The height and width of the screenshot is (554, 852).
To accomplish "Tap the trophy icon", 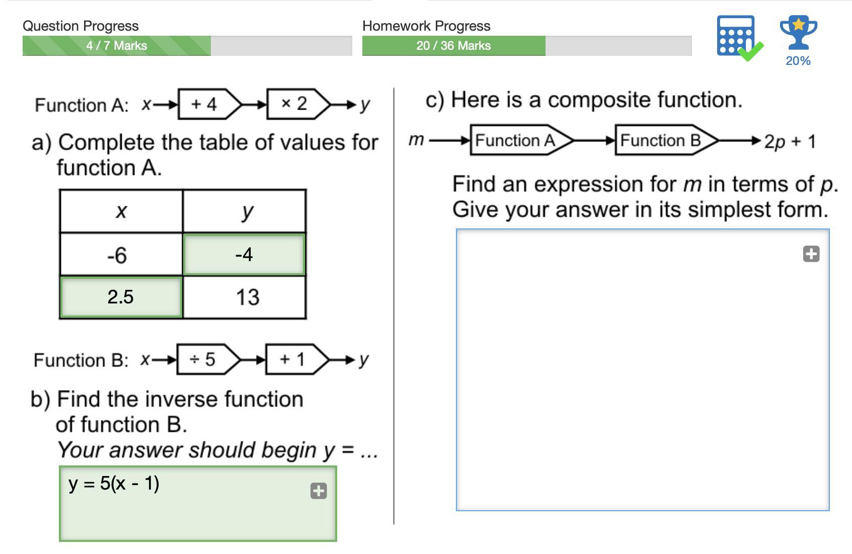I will click(798, 33).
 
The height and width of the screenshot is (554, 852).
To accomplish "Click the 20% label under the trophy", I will click(798, 61).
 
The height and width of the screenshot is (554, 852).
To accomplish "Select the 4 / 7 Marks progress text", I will click(117, 46).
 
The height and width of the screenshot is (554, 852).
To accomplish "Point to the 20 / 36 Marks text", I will click(453, 46).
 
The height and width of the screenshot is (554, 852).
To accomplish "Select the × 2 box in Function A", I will click(294, 104).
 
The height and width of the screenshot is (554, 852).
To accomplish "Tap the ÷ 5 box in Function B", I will click(203, 359).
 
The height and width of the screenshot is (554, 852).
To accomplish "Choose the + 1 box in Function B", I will click(292, 359).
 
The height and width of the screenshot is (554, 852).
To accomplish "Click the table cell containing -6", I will click(121, 255).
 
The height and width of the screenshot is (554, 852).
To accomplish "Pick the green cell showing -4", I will click(244, 255).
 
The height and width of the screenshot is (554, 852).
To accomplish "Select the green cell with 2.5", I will click(121, 297).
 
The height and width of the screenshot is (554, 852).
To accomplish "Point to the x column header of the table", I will click(121, 211).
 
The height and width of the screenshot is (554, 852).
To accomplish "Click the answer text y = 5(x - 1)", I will click(114, 484).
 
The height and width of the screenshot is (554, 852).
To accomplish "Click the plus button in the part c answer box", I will click(811, 254).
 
